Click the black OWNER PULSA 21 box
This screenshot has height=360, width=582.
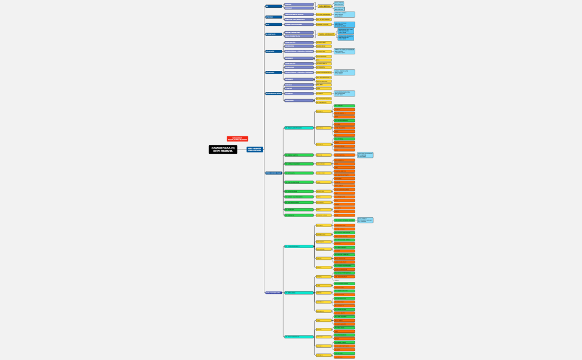pos(223,150)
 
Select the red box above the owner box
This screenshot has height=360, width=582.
pos(237,139)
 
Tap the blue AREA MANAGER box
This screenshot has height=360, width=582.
pos(255,150)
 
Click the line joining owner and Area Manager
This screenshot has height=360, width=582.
pos(242,150)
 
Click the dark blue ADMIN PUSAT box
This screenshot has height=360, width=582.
pos(273,52)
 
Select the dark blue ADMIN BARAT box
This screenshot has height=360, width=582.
pos(273,73)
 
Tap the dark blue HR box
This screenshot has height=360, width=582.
pos(273,6)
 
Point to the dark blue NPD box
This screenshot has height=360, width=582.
pos(273,24)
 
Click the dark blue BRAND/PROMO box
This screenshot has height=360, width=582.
pos(273,34)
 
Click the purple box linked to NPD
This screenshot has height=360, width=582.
pos(299,24)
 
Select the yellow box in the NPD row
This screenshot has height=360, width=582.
pos(323,24)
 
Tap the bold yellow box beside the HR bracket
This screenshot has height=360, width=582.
pos(324,6)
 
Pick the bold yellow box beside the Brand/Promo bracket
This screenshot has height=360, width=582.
pos(326,34)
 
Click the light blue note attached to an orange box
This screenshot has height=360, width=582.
pos(365,155)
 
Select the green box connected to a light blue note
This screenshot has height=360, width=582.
pos(344,220)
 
